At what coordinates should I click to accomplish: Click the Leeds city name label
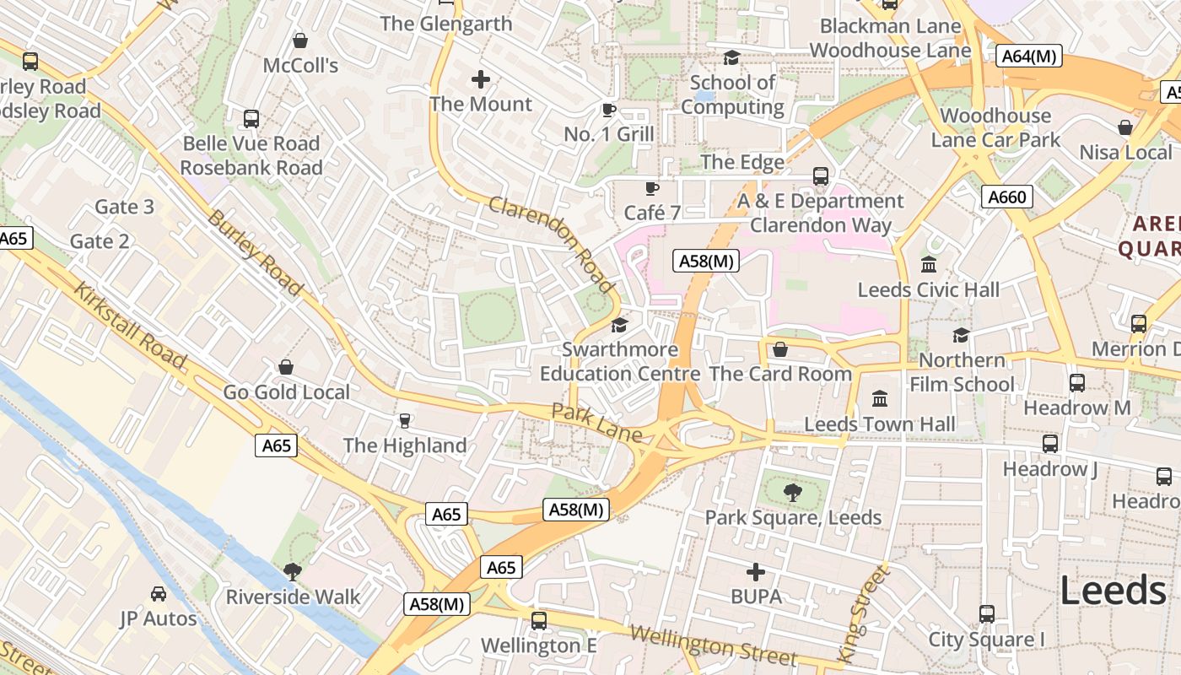pos(1113,591)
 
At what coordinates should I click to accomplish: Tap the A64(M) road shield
pos(1028,57)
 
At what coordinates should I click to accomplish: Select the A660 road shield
pos(1006,197)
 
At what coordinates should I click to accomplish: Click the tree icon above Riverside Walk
pos(293,571)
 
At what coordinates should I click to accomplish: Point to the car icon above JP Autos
pos(158,593)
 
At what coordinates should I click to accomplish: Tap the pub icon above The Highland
pos(404,420)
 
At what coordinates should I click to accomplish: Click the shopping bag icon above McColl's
pos(299,40)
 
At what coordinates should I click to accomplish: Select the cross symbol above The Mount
pos(481,79)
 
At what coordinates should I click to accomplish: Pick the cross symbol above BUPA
pos(756,572)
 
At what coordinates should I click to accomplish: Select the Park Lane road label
pos(596,423)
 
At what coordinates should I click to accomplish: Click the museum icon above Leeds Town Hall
pos(880,397)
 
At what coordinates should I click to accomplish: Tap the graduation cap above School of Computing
pos(731,57)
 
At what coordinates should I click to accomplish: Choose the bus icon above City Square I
pos(986,613)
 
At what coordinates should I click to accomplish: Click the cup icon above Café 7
pos(651,187)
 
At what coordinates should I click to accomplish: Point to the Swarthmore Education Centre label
pos(620,361)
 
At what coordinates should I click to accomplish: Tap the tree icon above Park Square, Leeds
pos(793,492)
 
